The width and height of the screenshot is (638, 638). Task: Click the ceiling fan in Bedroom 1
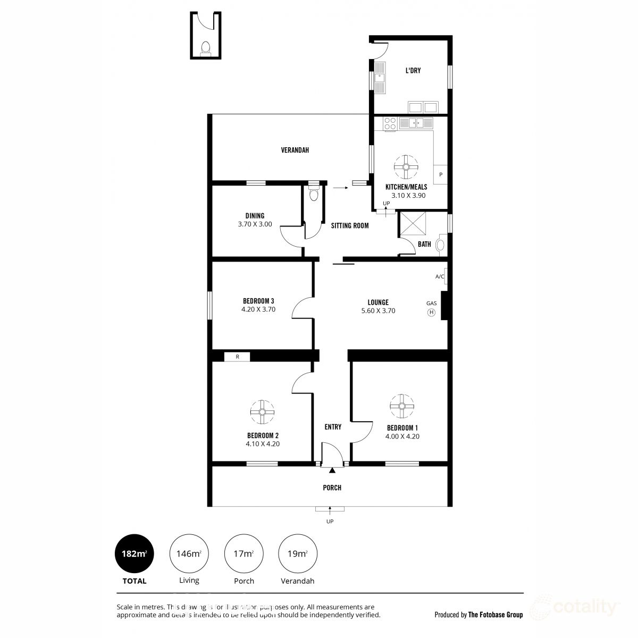pyautogui.click(x=401, y=406)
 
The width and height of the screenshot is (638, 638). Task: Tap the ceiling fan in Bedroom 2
pyautogui.click(x=263, y=412)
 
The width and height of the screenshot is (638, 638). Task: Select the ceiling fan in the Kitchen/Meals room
pyautogui.click(x=406, y=167)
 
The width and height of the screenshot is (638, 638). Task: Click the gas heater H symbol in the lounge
pyautogui.click(x=431, y=313)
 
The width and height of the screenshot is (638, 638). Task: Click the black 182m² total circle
pyautogui.click(x=135, y=553)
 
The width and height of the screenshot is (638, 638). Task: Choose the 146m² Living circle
pyautogui.click(x=189, y=553)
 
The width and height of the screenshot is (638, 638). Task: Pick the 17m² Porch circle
pyautogui.click(x=244, y=553)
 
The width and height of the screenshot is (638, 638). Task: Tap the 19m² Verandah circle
pyautogui.click(x=298, y=553)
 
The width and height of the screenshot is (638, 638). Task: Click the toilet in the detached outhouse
pyautogui.click(x=205, y=49)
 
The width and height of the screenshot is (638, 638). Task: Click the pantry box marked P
pyautogui.click(x=441, y=174)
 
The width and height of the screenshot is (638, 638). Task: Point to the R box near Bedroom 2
pyautogui.click(x=238, y=357)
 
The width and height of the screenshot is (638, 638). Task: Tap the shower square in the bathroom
pyautogui.click(x=413, y=223)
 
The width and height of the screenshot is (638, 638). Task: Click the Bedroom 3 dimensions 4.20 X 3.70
pyautogui.click(x=258, y=309)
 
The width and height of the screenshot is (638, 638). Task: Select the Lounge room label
pyautogui.click(x=378, y=303)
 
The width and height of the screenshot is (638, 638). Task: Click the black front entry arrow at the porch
pyautogui.click(x=332, y=470)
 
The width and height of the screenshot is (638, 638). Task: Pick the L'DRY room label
pyautogui.click(x=413, y=71)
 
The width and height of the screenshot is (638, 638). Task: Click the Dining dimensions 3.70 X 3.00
pyautogui.click(x=255, y=224)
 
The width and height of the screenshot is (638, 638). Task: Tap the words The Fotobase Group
pyautogui.click(x=496, y=615)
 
